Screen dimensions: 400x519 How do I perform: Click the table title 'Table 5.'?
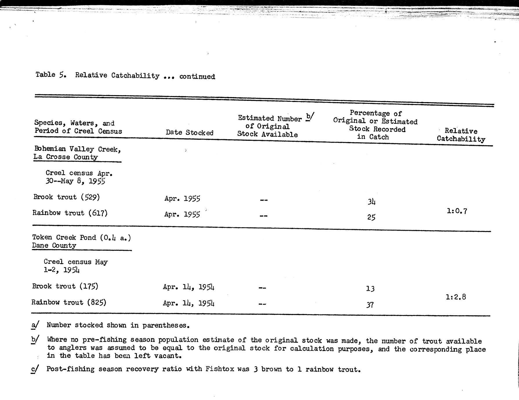tap(51, 75)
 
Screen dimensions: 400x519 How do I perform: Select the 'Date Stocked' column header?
tap(190, 133)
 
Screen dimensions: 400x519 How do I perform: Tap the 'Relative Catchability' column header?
tap(461, 135)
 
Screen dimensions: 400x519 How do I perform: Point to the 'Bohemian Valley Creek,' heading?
tap(78, 149)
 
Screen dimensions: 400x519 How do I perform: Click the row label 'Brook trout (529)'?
tap(67, 197)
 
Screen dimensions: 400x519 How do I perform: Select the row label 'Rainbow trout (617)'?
tap(70, 213)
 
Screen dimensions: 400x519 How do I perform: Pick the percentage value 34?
tap(372, 201)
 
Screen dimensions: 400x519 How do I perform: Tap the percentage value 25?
tap(371, 217)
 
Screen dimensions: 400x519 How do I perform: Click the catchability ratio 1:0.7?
tap(457, 211)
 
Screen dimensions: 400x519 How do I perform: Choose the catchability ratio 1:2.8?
tap(456, 297)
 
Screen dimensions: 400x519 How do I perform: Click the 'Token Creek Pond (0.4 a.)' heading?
tap(81, 238)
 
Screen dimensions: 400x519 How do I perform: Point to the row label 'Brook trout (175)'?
tap(65, 286)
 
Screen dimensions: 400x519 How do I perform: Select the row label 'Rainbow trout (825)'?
tap(69, 302)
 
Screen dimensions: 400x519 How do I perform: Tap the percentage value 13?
tap(370, 289)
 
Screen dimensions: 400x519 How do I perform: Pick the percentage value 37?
tap(370, 305)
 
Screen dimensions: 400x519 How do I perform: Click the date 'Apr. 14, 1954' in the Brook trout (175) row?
tap(189, 287)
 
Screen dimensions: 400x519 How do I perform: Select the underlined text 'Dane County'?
tap(54, 246)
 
